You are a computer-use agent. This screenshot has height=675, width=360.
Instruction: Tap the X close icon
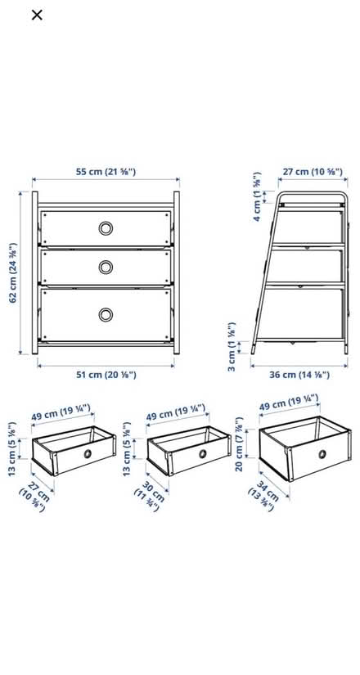click(x=37, y=15)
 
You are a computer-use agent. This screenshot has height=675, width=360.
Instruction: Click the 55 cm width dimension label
click(x=106, y=172)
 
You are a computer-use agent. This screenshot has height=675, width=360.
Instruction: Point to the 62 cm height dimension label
click(x=13, y=272)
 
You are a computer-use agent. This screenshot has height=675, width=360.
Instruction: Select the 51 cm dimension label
click(x=106, y=374)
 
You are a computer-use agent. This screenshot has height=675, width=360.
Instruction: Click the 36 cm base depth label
click(x=299, y=374)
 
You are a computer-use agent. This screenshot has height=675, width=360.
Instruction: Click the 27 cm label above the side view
click(x=312, y=172)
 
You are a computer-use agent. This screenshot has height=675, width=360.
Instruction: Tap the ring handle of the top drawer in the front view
click(x=106, y=228)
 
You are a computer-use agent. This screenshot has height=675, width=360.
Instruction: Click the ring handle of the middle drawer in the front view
click(x=106, y=267)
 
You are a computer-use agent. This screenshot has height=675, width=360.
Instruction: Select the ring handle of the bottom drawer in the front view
click(x=106, y=314)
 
